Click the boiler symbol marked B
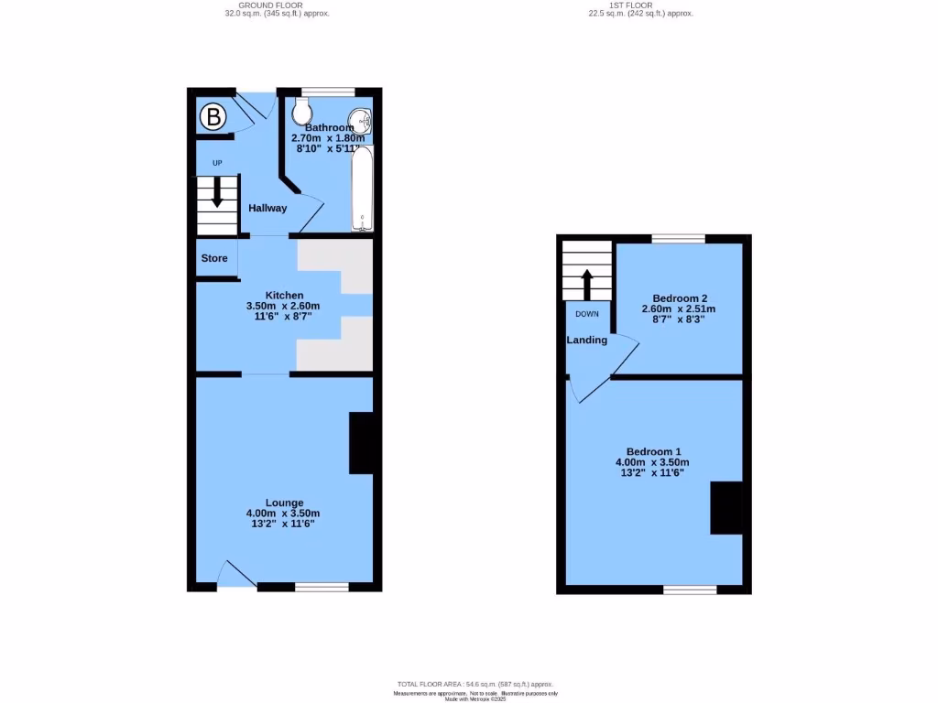[213, 116]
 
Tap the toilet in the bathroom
[302, 113]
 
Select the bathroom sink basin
[365, 120]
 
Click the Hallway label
[267, 208]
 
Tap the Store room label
[214, 258]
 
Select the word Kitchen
[285, 295]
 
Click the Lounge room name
[285, 503]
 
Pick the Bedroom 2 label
[680, 298]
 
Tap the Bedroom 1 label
[653, 451]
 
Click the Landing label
[586, 340]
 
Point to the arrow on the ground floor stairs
[217, 193]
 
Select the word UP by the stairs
[217, 164]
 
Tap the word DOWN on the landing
[587, 314]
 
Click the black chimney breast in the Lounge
[362, 443]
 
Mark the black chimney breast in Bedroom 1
[726, 508]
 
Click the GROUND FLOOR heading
[277, 5]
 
